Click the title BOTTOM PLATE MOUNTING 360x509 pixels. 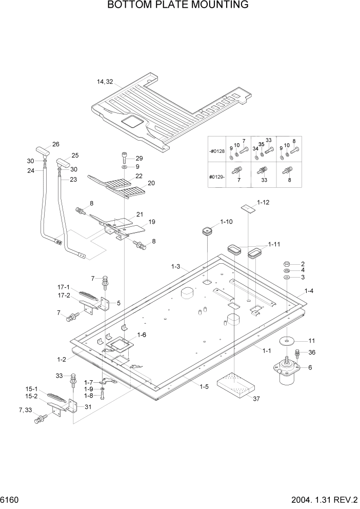178,6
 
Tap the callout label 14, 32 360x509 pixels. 105,82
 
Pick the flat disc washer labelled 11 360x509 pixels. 287,342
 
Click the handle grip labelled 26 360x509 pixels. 42,150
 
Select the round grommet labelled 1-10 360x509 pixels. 205,231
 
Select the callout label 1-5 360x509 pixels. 203,387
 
